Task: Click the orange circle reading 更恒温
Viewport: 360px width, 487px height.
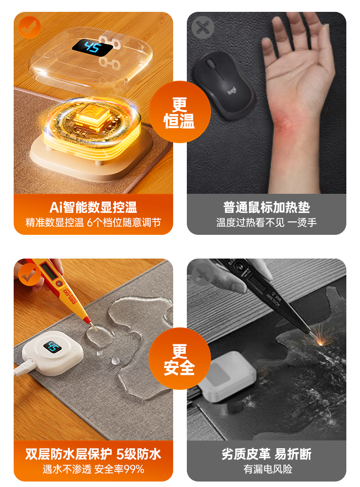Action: [x=180, y=112]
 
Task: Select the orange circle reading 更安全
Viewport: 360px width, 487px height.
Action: [x=180, y=359]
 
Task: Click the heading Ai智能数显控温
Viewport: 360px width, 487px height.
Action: [x=93, y=207]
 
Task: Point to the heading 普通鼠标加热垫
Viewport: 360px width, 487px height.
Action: [x=267, y=207]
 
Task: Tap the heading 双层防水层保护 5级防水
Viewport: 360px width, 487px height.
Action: [x=93, y=454]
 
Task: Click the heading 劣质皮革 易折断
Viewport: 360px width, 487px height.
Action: [x=267, y=454]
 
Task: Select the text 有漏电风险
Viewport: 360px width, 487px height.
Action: [x=268, y=469]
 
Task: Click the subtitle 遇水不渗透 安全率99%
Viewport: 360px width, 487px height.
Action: [x=93, y=469]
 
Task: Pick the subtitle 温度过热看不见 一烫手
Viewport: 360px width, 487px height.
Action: [x=267, y=223]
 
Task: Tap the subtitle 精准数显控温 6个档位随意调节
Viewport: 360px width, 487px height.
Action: [x=93, y=223]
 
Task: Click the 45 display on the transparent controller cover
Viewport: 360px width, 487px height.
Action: [x=93, y=47]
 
